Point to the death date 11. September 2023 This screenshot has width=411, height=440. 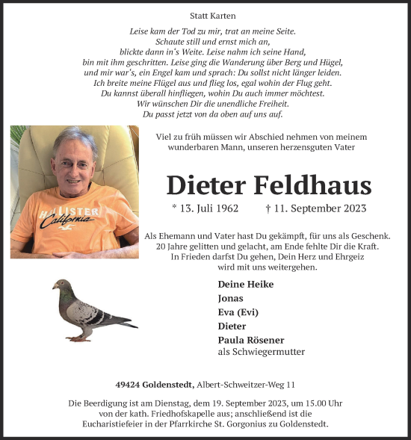point(314,209)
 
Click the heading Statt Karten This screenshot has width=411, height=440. point(205,14)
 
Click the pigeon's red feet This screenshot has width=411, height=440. point(79,338)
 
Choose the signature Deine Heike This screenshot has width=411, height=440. point(245,284)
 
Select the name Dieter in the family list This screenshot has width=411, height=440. point(232,326)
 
